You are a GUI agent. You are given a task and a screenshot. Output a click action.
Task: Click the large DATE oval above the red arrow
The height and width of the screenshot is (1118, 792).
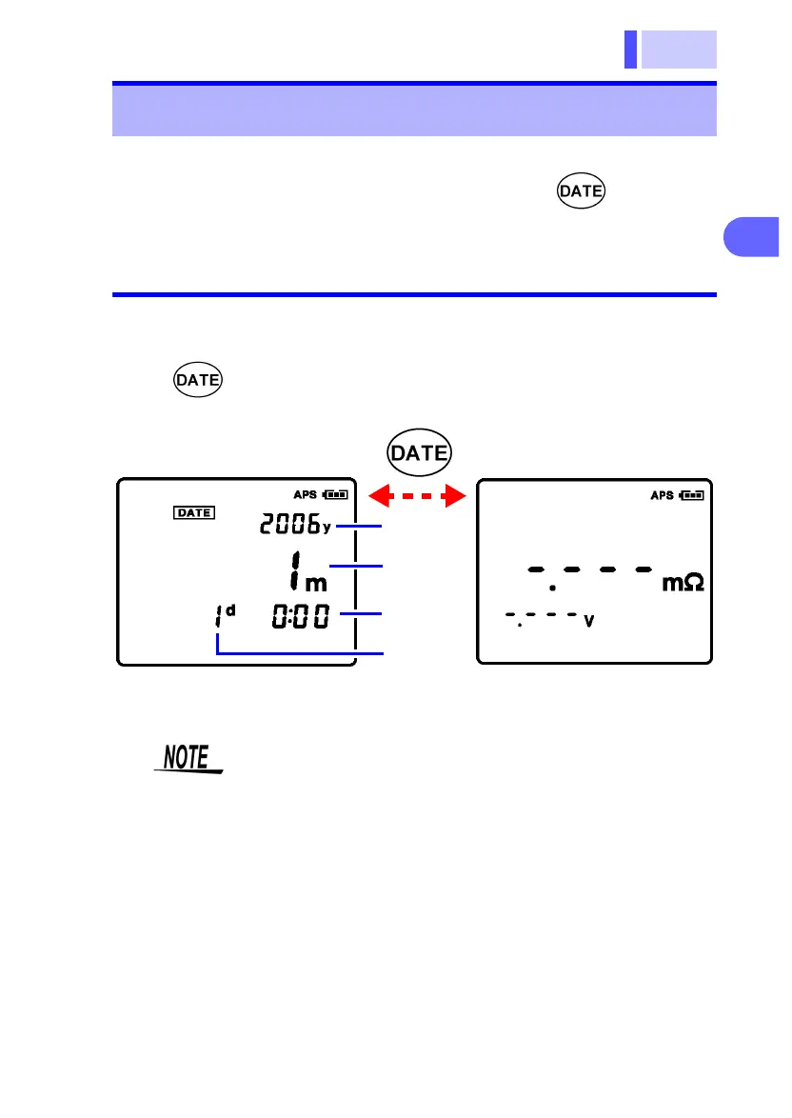pos(420,453)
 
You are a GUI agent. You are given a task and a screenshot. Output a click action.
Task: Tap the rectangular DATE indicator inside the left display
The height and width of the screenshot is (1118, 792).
pos(193,512)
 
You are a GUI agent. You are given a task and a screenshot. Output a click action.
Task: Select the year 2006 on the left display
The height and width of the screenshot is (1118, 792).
pos(288,524)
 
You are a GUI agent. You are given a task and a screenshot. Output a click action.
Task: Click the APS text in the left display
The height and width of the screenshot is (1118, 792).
pos(306,495)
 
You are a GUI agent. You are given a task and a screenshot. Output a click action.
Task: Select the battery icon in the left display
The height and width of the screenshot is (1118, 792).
pos(336,495)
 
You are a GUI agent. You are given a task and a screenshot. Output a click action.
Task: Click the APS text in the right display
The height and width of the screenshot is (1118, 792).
pos(663,495)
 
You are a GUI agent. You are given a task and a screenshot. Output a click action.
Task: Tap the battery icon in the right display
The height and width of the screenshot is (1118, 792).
pos(693,495)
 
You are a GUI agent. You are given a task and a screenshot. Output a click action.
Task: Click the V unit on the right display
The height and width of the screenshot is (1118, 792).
pos(589,621)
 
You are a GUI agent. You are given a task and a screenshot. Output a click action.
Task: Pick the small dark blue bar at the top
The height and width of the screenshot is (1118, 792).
pos(630,50)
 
